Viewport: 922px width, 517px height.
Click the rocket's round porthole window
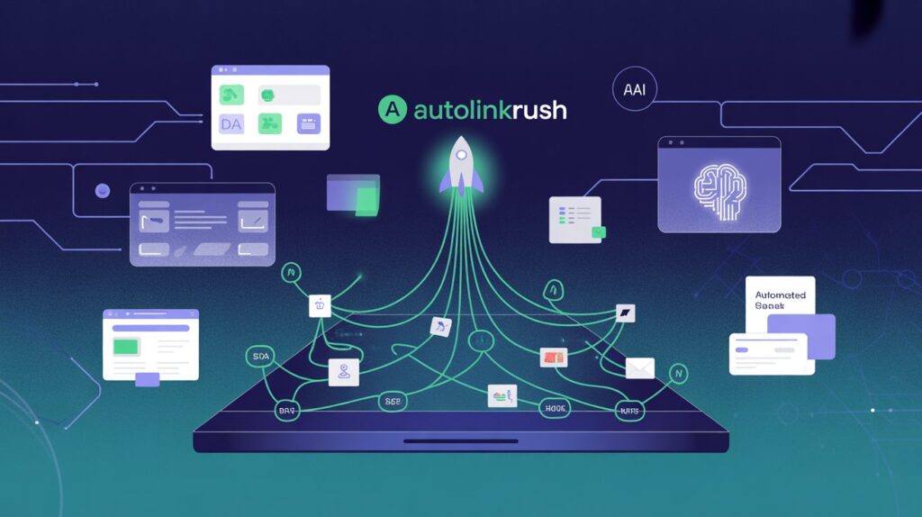(x=460, y=155)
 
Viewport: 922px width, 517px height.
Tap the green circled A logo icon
(x=390, y=110)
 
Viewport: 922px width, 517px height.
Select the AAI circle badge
(x=634, y=90)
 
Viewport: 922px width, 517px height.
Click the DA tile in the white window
(x=231, y=124)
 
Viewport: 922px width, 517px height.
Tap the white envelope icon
(x=639, y=367)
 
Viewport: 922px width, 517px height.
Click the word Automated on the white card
(x=781, y=295)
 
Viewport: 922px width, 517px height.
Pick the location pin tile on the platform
(x=344, y=370)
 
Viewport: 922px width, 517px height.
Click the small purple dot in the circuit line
(x=102, y=190)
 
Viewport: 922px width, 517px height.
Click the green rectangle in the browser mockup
(x=127, y=345)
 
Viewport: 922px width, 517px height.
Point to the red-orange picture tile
(x=552, y=358)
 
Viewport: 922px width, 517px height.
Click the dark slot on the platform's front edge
(x=460, y=441)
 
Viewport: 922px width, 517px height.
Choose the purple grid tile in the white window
(x=308, y=124)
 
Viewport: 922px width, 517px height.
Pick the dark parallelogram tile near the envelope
(x=626, y=313)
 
